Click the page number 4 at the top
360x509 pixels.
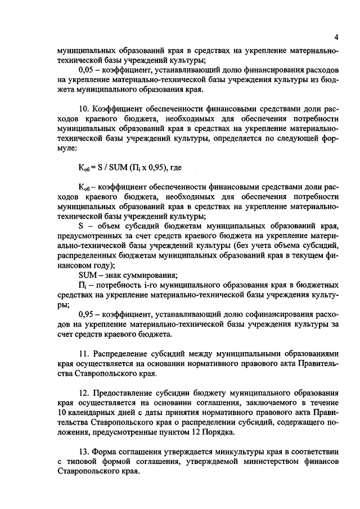tap(335, 38)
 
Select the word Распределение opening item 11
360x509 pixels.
tap(121, 354)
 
